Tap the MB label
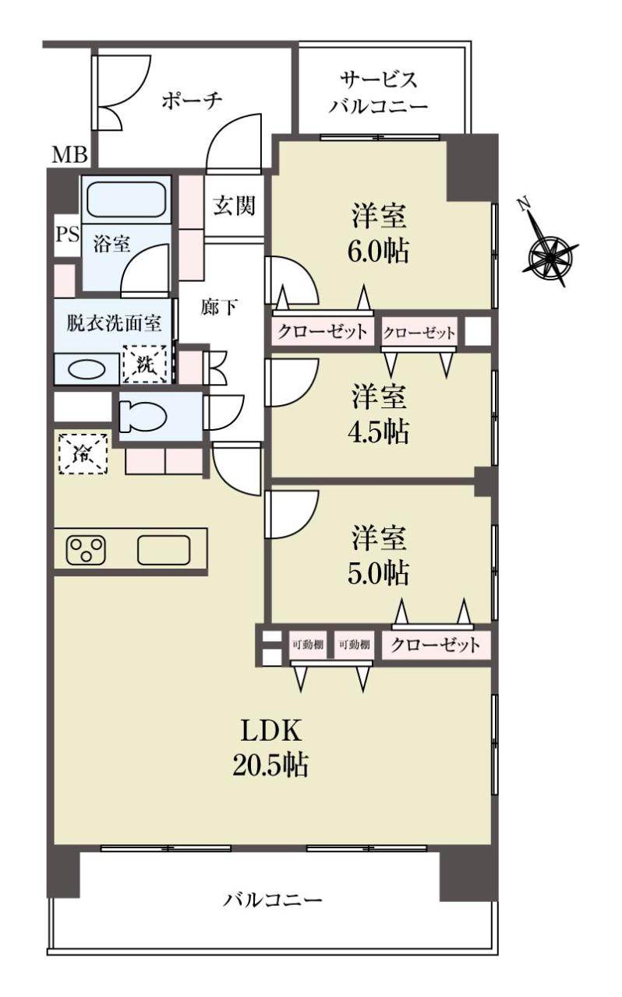[69, 155]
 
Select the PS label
[67, 234]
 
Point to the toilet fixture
[143, 417]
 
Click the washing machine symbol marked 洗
[145, 364]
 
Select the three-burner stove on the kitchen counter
[86, 550]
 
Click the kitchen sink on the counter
[164, 550]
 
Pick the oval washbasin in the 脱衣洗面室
[87, 369]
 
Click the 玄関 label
[234, 206]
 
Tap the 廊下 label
[218, 307]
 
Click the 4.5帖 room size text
[378, 432]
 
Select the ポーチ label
[192, 101]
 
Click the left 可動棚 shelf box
[308, 644]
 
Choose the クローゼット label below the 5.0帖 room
[435, 644]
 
